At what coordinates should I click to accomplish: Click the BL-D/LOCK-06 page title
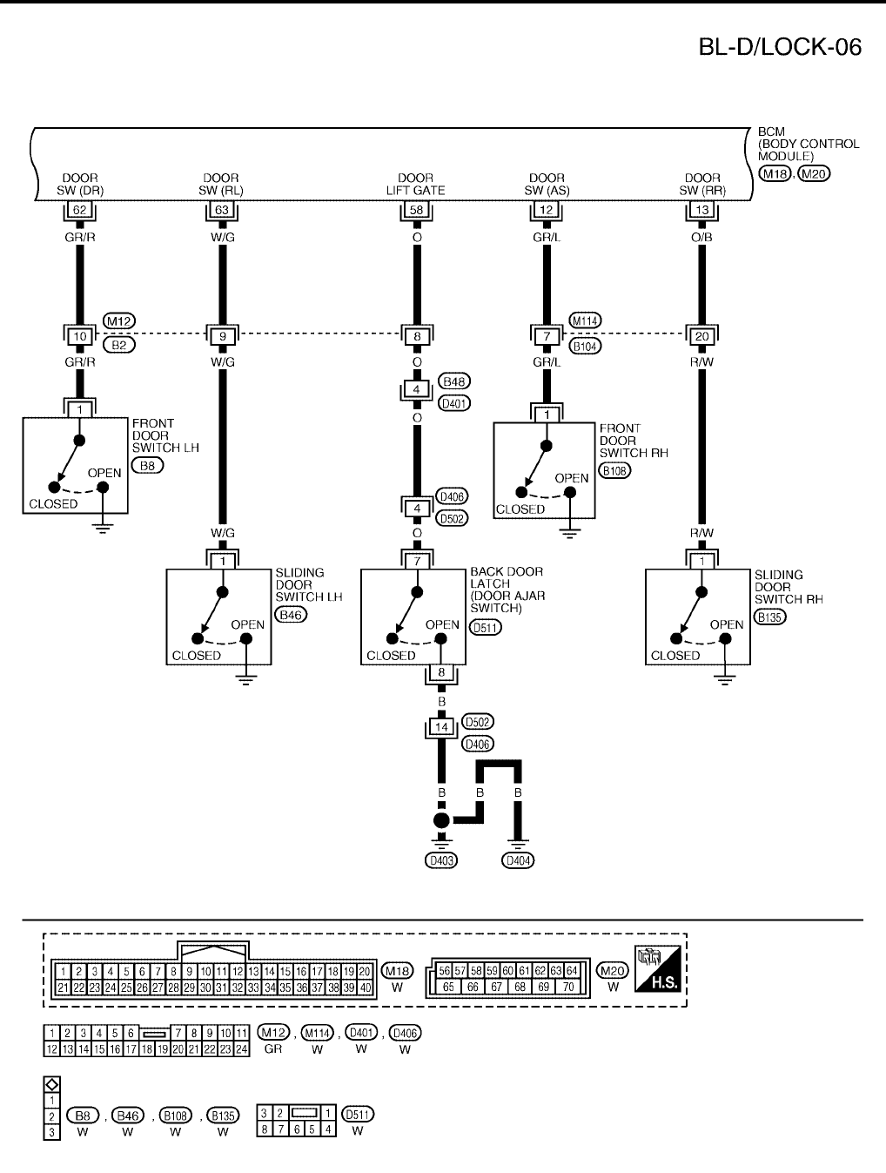[x=780, y=47]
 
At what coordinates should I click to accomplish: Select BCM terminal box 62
[x=79, y=210]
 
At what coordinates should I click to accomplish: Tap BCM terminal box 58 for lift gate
[x=416, y=210]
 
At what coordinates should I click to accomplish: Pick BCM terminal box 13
[x=701, y=210]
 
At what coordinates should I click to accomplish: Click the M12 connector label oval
[x=118, y=321]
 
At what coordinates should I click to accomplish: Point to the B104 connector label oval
[x=586, y=346]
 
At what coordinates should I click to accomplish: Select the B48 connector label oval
[x=455, y=381]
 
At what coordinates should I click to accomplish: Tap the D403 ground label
[x=441, y=860]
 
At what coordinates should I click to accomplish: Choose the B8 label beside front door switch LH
[x=147, y=466]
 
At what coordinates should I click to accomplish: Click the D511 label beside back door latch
[x=485, y=626]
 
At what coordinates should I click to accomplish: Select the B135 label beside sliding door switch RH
[x=770, y=617]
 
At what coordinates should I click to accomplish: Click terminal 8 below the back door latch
[x=441, y=672]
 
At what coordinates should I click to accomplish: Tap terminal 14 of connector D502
[x=441, y=726]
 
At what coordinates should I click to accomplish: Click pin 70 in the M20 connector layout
[x=567, y=987]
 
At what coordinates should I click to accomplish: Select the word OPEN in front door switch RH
[x=572, y=478]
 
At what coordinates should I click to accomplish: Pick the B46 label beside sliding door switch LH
[x=292, y=615]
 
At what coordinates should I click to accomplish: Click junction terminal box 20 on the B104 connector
[x=701, y=336]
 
